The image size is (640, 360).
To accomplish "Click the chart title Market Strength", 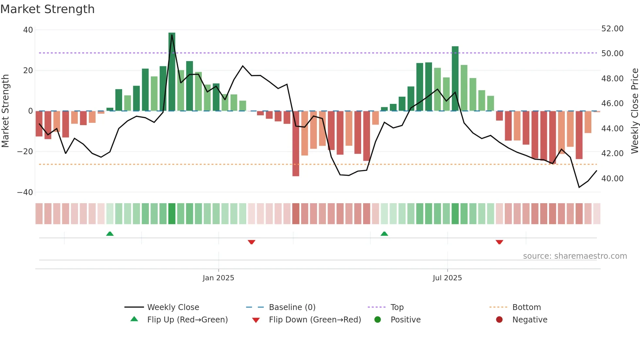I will (x=47, y=9).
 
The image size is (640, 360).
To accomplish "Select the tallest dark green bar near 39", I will (x=172, y=72).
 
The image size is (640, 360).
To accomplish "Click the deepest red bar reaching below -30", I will (x=296, y=144).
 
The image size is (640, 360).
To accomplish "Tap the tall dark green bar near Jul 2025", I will (x=455, y=78).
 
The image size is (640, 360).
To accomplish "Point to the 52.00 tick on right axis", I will (x=612, y=29).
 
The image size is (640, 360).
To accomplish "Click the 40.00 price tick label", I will (x=612, y=179).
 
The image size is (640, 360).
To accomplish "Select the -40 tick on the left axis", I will (x=25, y=192).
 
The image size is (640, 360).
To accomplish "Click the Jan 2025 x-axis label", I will (x=218, y=278).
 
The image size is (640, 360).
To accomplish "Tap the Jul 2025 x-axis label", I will (x=447, y=278).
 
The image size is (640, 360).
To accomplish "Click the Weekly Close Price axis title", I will (x=634, y=111).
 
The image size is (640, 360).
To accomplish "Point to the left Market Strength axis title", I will (x=5, y=111).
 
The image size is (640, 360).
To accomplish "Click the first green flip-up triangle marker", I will (x=110, y=234).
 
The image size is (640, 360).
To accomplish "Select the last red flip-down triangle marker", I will (x=499, y=242).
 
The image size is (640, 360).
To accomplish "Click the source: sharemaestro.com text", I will (x=575, y=256).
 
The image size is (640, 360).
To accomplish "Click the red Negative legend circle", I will (x=499, y=320).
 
